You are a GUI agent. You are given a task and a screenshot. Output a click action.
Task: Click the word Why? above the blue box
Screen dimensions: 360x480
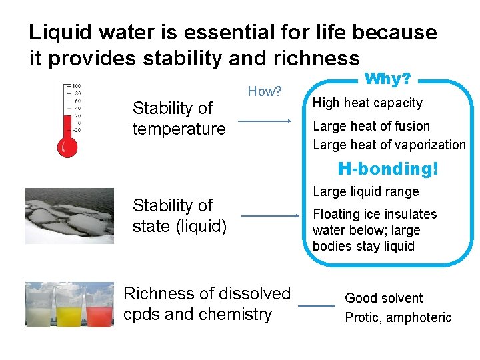coord(387,79)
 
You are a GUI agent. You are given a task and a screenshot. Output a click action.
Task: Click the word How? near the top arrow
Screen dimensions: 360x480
coord(265,91)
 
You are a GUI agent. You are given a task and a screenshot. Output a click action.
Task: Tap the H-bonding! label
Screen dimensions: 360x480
coord(388,169)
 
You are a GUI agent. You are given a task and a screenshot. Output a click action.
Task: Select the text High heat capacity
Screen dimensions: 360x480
coord(367,103)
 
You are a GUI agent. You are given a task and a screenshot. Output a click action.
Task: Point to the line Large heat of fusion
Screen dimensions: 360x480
coord(371,126)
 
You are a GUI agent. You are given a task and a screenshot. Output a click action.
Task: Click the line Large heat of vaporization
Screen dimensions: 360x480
coord(389,145)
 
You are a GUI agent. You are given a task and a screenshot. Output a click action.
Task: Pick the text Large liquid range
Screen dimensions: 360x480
coord(365,192)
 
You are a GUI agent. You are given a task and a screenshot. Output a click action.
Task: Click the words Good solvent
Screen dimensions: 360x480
coord(383,298)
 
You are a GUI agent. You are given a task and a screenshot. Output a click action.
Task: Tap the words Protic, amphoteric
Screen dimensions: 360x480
coord(398,317)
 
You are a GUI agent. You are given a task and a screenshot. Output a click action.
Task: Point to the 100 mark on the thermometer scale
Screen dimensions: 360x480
coord(77,87)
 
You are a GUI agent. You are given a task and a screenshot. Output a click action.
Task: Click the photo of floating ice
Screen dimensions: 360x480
coord(69,215)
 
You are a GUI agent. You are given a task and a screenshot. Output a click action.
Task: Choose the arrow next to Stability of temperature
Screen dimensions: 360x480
coord(265,121)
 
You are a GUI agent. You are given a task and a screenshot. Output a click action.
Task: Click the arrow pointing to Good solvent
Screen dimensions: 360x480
coord(316,306)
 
